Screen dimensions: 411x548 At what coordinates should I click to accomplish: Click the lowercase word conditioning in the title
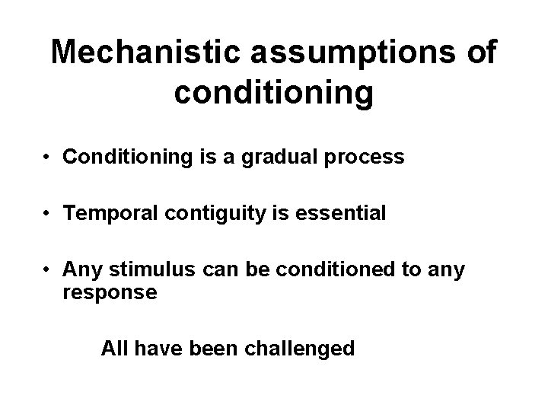pos(274,93)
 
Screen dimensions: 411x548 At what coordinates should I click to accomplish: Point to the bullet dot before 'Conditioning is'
pos(46,159)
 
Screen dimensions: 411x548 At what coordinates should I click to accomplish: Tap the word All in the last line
pos(115,349)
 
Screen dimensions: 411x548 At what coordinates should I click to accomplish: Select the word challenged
pos(304,349)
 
